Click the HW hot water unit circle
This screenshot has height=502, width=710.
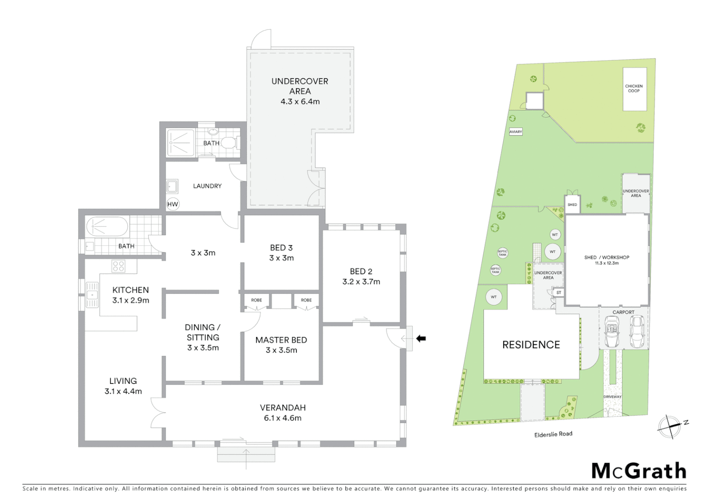(x=172, y=204)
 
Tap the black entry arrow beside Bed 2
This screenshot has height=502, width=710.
(x=421, y=338)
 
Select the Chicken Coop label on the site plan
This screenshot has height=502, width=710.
(x=634, y=88)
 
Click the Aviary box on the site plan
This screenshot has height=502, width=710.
(x=516, y=132)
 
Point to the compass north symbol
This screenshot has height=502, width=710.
(x=670, y=426)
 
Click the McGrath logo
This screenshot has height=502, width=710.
(x=638, y=471)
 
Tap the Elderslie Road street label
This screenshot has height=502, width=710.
(x=553, y=434)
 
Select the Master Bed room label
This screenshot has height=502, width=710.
(x=281, y=340)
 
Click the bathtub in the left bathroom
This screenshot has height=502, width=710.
(x=107, y=227)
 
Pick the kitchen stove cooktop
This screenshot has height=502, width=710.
(x=118, y=266)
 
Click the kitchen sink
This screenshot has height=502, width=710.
(x=92, y=295)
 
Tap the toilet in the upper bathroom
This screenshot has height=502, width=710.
(x=229, y=142)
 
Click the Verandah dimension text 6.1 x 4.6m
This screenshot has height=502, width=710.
(x=283, y=418)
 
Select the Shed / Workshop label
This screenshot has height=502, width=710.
(x=606, y=257)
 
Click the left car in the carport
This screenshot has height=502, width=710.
(x=611, y=333)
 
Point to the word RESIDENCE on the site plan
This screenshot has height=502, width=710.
(x=531, y=345)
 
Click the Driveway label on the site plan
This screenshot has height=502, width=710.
(x=612, y=396)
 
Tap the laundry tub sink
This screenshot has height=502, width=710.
(x=172, y=187)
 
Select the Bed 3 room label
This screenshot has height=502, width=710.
(x=281, y=248)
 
